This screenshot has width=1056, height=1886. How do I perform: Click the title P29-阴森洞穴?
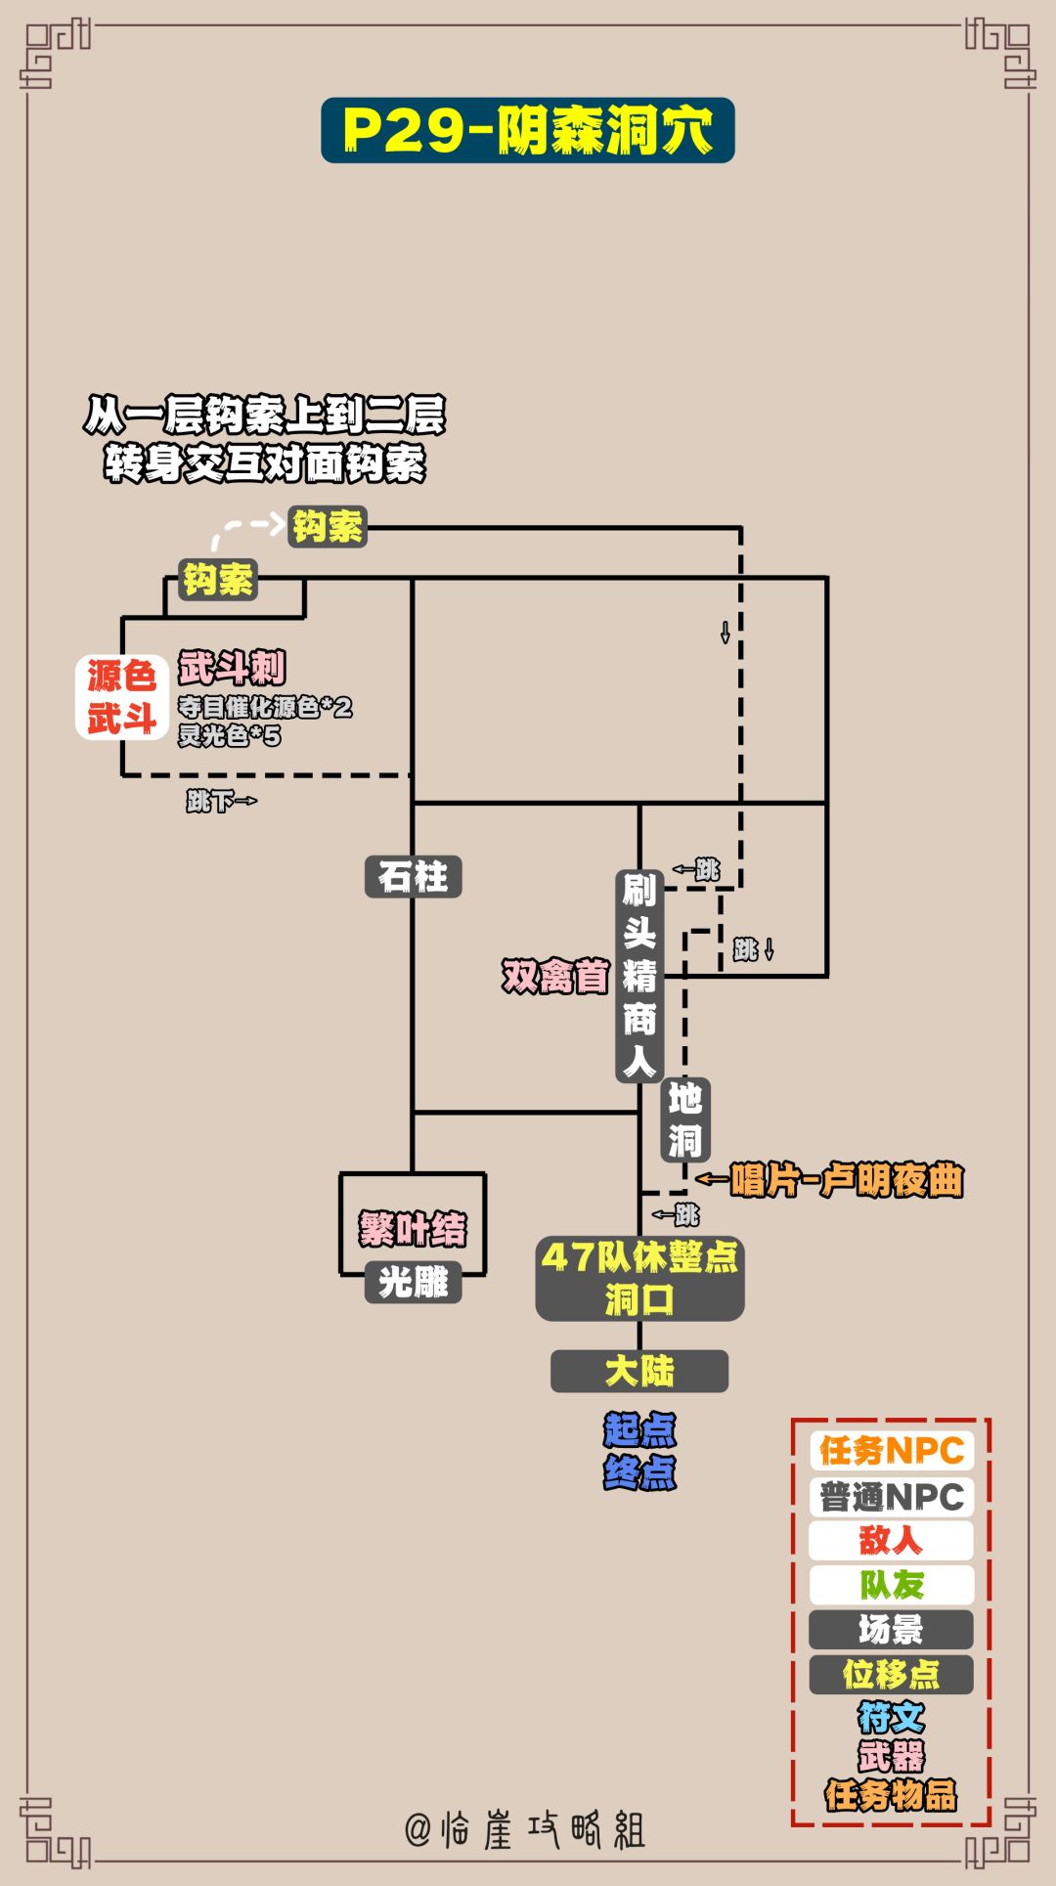(x=527, y=130)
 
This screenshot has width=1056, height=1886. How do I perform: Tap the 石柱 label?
(x=413, y=876)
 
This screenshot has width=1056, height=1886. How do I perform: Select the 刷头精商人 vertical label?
(x=639, y=976)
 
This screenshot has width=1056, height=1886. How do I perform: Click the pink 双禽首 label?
(x=555, y=976)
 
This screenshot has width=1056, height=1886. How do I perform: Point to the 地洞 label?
(x=684, y=1119)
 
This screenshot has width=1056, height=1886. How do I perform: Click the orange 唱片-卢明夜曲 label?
(x=846, y=1180)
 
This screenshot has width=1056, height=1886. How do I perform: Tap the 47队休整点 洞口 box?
(x=639, y=1278)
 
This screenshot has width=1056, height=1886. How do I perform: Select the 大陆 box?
(x=639, y=1371)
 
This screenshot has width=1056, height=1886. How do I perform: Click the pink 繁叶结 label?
(x=413, y=1228)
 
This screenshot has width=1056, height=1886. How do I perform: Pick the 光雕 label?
(x=413, y=1282)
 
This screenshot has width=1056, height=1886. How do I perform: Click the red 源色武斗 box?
(x=122, y=697)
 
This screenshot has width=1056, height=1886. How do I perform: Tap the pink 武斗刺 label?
(x=232, y=669)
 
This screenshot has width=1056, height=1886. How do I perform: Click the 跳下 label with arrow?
(x=221, y=801)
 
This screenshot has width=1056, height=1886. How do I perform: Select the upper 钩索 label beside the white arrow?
(x=328, y=527)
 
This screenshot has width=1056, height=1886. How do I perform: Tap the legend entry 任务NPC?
(x=891, y=1451)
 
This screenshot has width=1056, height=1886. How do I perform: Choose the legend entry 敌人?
(x=891, y=1540)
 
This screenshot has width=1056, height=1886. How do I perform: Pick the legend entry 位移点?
(x=891, y=1674)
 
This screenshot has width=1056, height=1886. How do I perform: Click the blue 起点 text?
(x=639, y=1429)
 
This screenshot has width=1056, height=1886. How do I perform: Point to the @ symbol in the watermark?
(x=418, y=1829)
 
